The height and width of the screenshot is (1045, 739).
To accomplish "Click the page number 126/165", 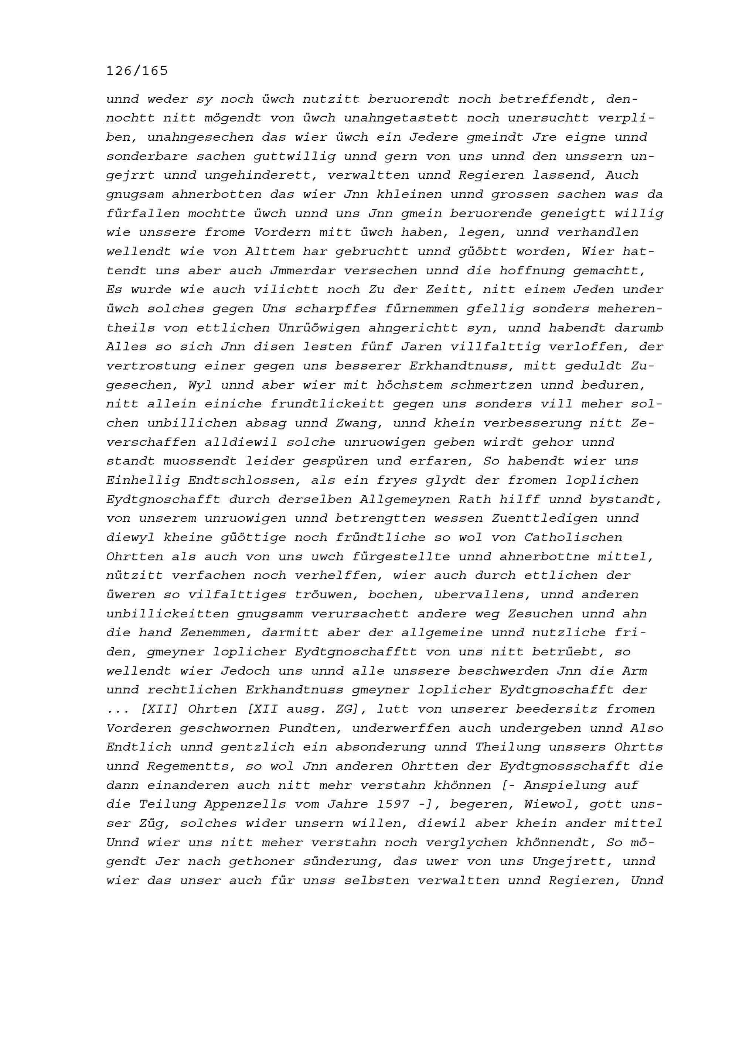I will pyautogui.click(x=137, y=71).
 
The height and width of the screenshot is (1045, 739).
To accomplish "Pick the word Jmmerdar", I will pyautogui.click(x=302, y=271).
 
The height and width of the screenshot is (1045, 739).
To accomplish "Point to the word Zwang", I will pyautogui.click(x=360, y=423).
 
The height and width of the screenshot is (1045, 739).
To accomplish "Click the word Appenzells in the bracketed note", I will pyautogui.click(x=245, y=805).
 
